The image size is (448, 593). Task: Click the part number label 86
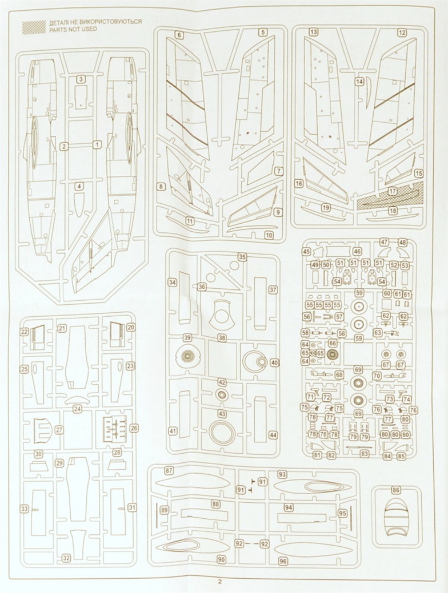tap(396, 490)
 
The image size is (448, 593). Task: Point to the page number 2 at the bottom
tap(221, 582)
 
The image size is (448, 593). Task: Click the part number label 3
tap(81, 79)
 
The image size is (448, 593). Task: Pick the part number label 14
tap(359, 81)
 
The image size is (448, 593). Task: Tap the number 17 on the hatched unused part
tap(393, 191)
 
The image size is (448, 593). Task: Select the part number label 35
tap(242, 257)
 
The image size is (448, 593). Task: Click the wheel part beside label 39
tap(187, 356)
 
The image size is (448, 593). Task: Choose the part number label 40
tap(274, 362)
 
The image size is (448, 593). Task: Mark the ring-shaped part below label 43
tap(222, 432)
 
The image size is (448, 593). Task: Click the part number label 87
tap(169, 471)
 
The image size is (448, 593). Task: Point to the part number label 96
tap(283, 562)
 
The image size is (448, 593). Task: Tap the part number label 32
tap(66, 558)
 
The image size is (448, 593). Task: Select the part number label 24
tap(77, 409)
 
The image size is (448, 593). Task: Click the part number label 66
tap(333, 343)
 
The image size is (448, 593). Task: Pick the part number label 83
tap(365, 454)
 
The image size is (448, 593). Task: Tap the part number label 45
tap(306, 252)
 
